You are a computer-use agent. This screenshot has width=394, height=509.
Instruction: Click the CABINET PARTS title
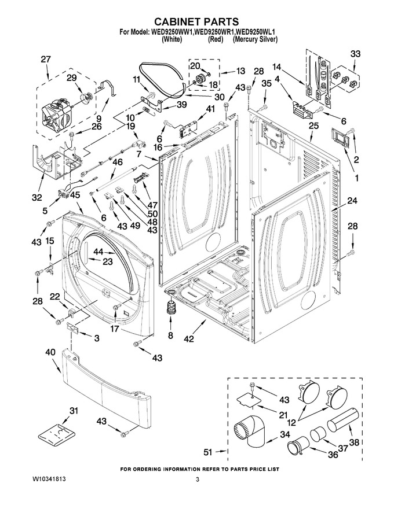coord(196,22)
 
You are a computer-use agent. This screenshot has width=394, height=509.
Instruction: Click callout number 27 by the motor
coord(46,60)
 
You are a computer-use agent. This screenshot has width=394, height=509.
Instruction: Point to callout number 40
coord(50,352)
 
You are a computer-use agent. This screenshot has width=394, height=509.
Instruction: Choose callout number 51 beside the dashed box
coord(208,452)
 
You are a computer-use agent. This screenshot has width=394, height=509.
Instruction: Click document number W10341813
coord(50,479)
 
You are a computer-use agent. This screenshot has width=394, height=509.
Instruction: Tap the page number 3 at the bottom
coord(197,479)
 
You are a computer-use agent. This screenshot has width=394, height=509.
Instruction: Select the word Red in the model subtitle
coord(215,39)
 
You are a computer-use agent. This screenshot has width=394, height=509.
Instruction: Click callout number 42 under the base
coord(188,338)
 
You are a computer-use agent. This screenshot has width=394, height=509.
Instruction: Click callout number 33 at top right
coord(355,54)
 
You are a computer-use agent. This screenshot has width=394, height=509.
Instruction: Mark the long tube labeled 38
coord(343,421)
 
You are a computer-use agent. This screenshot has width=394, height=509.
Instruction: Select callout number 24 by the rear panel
coord(352,201)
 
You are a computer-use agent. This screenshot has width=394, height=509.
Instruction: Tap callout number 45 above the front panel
coord(75,195)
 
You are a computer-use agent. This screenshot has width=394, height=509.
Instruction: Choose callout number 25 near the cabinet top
coord(313,126)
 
